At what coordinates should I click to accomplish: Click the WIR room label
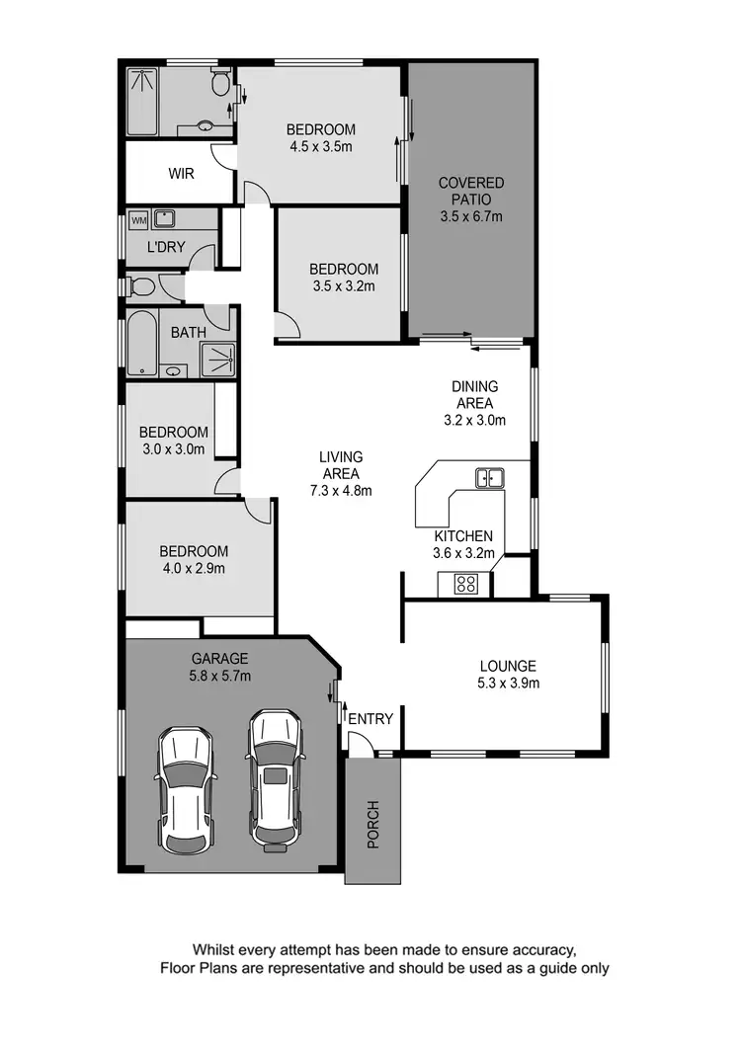[x=181, y=174]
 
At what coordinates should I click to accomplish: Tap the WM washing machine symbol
[x=138, y=219]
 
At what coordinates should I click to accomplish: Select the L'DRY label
[x=166, y=247]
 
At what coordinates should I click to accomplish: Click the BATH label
[x=189, y=333]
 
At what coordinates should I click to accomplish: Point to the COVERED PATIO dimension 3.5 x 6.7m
[x=471, y=215]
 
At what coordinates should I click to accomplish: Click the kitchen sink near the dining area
[x=489, y=478]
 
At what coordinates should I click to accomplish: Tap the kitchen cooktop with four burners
[x=466, y=584]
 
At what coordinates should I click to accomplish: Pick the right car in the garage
[x=275, y=780]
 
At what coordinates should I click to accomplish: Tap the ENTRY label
[x=371, y=719]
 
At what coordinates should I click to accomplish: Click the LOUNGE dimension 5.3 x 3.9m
[x=508, y=683]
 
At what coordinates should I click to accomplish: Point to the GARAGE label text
[x=219, y=659]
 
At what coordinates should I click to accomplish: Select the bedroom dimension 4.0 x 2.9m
[x=195, y=568]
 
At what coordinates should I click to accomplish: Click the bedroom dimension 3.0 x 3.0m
[x=173, y=449]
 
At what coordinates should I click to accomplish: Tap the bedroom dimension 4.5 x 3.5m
[x=320, y=146]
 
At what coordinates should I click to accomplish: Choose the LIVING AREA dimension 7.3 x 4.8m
[x=341, y=490]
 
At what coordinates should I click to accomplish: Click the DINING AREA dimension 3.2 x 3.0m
[x=475, y=419]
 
